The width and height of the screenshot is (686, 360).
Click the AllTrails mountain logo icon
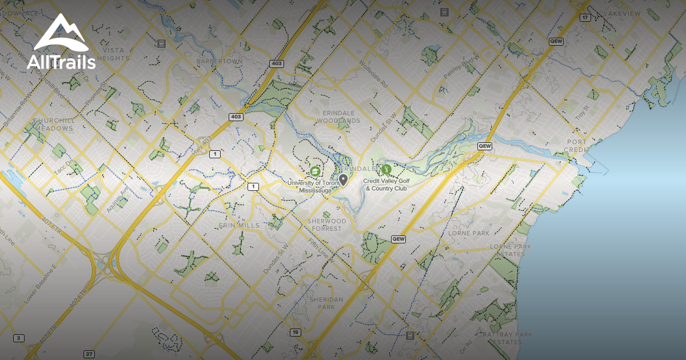coord(60,34)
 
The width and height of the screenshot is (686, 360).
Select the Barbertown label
coord(220,61)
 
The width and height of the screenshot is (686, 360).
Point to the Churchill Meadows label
coord(53,125)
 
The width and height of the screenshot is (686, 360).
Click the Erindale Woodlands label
coord(338,117)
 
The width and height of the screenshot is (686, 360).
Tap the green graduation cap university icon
coord(314,171)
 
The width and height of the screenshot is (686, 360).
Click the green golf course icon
coord(386,169)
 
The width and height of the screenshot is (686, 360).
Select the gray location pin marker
coord(343,179)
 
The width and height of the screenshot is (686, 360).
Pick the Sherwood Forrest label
coord(327,225)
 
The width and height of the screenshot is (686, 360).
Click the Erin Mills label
coord(239,226)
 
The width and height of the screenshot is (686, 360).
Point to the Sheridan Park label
coord(326,303)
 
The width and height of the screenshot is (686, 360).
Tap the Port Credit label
coord(577,145)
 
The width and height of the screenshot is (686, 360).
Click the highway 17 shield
coord(584,18)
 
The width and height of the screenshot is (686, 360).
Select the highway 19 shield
coord(295,332)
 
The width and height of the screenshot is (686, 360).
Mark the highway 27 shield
coord(89,354)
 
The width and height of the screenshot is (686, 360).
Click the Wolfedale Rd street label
coord(374,75)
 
